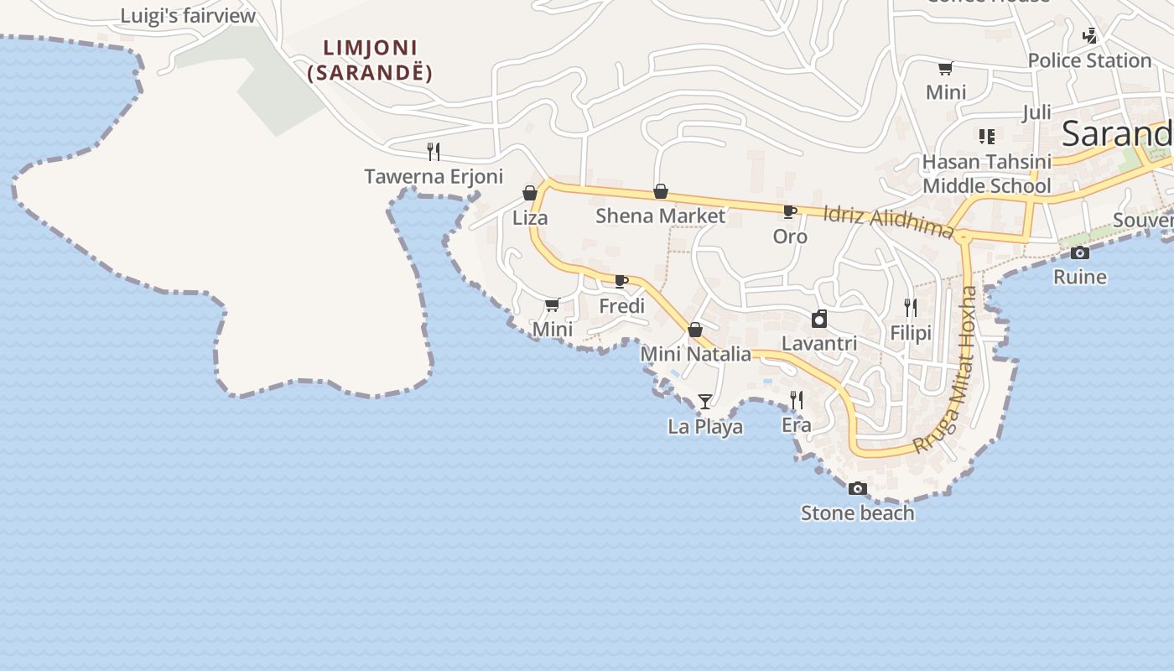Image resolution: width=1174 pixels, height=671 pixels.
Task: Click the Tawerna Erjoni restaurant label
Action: (434, 176)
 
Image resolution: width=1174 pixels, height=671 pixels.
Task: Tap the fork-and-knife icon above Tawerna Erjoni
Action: (434, 152)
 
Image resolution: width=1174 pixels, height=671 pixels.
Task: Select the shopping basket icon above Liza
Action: (530, 194)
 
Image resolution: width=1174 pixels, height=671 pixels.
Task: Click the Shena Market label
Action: (660, 216)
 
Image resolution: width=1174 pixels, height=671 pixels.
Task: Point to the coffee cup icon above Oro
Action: (789, 211)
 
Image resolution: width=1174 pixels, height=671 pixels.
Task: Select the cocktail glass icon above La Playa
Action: (705, 402)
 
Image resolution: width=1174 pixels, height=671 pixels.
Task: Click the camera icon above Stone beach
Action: (857, 488)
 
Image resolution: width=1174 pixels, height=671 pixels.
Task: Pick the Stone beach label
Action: (857, 512)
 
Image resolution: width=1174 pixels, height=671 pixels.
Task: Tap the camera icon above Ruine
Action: (1080, 252)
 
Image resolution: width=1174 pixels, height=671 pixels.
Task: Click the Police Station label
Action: (1089, 60)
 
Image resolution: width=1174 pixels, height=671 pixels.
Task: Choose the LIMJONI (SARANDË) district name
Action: (370, 60)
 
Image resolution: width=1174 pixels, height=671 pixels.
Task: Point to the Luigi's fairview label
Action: (188, 16)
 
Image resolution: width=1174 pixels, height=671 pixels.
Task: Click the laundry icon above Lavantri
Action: (819, 319)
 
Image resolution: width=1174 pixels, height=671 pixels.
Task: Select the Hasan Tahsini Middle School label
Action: (986, 174)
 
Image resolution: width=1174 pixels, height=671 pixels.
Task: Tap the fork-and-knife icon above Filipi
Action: (911, 308)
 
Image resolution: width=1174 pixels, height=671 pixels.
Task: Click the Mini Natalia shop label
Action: (695, 354)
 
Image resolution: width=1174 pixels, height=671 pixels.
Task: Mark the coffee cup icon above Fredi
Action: (621, 281)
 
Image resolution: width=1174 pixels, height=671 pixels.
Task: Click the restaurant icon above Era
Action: (797, 400)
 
